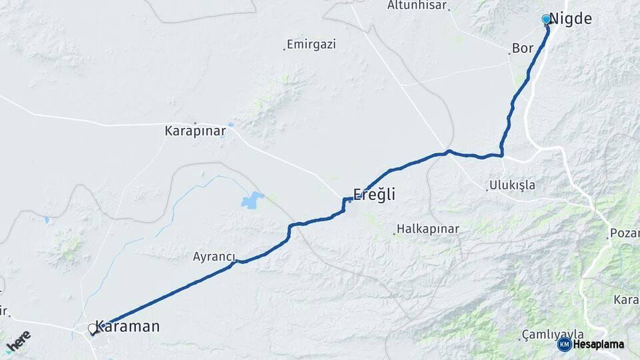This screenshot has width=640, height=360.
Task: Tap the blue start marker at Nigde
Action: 547,19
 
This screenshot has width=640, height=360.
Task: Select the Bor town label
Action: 523,49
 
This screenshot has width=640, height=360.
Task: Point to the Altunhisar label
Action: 417,5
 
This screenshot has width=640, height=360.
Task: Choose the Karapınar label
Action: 195,131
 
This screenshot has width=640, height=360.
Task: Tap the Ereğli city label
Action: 374,195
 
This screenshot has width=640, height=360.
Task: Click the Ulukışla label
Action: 512,185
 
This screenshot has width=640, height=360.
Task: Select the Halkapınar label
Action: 428,229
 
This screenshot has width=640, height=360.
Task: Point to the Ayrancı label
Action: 214,257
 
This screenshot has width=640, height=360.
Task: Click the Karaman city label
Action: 127,327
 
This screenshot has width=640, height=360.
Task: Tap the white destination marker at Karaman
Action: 93,329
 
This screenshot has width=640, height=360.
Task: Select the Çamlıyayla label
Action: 553,334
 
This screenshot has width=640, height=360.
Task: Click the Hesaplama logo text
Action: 598,345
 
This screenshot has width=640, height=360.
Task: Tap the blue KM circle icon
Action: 564,345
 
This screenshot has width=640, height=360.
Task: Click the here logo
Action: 18,341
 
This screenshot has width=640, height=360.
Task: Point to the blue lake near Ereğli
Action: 253,199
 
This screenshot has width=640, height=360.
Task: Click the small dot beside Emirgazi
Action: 284,49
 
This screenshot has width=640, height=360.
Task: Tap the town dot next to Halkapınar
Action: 393,233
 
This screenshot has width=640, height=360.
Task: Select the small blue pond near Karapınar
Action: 231,125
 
